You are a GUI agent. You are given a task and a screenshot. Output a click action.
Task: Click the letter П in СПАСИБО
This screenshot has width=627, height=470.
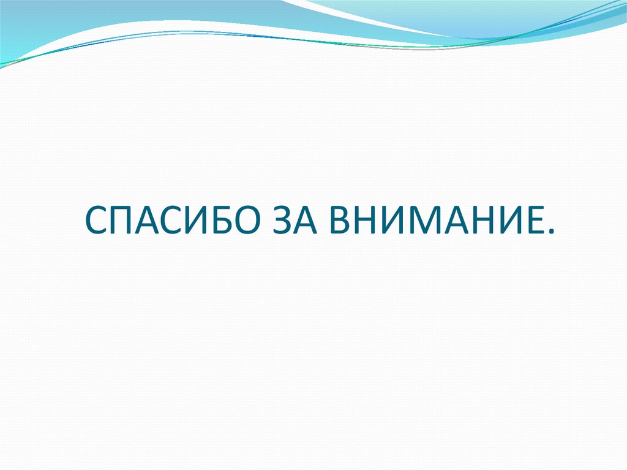(x=120, y=220)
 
